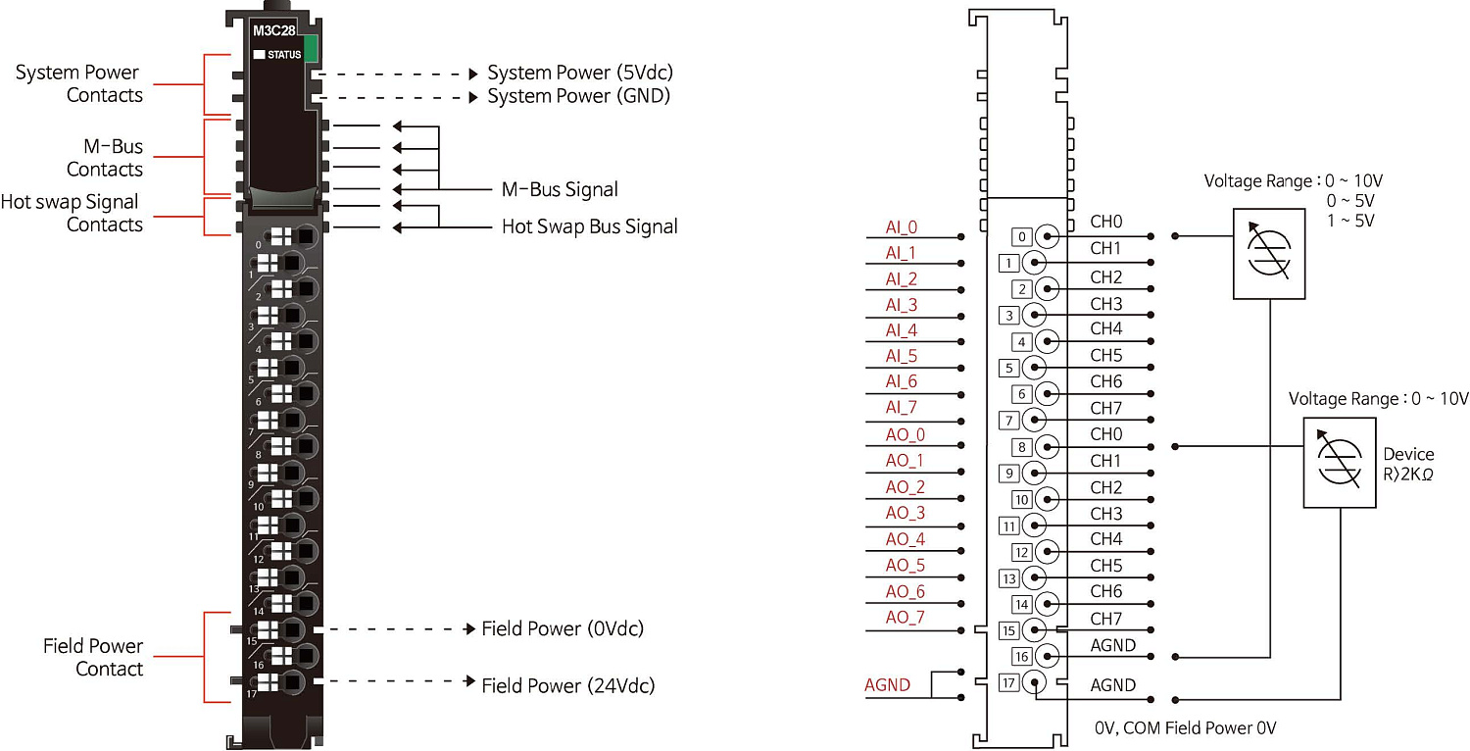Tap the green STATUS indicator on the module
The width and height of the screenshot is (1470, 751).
312,49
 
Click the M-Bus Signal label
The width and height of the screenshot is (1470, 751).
560,189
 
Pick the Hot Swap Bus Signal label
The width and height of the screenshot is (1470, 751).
589,226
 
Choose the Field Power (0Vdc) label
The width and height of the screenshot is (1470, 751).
563,628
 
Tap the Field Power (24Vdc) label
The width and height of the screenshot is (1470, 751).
567,685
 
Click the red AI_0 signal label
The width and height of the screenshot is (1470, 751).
901,227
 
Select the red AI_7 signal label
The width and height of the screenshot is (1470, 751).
901,407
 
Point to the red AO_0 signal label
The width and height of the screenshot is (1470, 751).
905,434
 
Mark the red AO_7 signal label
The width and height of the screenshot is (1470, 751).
905,618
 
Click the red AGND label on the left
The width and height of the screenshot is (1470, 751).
887,685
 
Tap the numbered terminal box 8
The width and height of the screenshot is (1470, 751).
1021,447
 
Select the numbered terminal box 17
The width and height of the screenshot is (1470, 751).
1008,683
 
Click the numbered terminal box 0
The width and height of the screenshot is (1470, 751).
1021,237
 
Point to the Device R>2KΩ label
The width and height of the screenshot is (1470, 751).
1408,464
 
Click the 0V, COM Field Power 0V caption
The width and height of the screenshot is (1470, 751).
1186,728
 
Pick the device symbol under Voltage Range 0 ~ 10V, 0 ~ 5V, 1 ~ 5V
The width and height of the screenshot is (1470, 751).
1269,253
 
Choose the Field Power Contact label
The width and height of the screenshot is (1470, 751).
93,657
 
